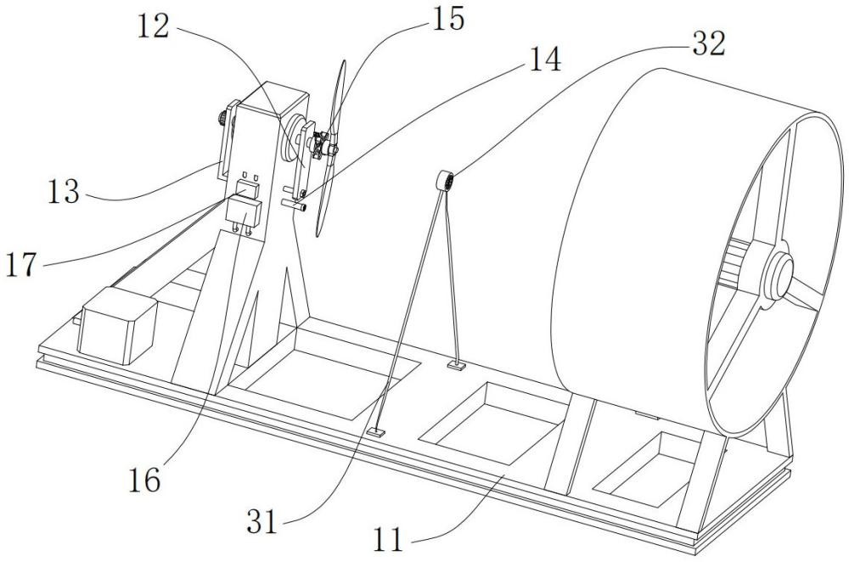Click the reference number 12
(x=153, y=26)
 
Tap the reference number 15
(x=447, y=19)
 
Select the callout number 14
(x=545, y=59)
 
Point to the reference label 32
(x=708, y=44)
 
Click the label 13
(x=64, y=191)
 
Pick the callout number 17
(x=22, y=265)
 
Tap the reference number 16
(x=144, y=480)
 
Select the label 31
(x=262, y=522)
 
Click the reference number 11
(x=388, y=539)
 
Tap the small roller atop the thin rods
(x=446, y=181)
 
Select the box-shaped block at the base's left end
(x=117, y=325)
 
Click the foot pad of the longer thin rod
(x=376, y=432)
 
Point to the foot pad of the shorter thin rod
(x=457, y=367)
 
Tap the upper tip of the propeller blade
(x=343, y=61)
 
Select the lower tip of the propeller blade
(x=318, y=235)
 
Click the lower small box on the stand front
(x=244, y=212)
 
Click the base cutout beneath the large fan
(x=644, y=468)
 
